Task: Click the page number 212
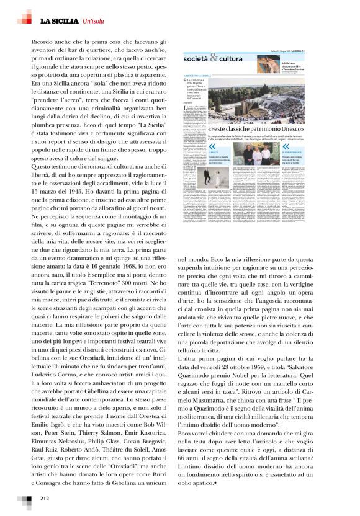45,498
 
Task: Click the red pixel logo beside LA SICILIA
25,17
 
